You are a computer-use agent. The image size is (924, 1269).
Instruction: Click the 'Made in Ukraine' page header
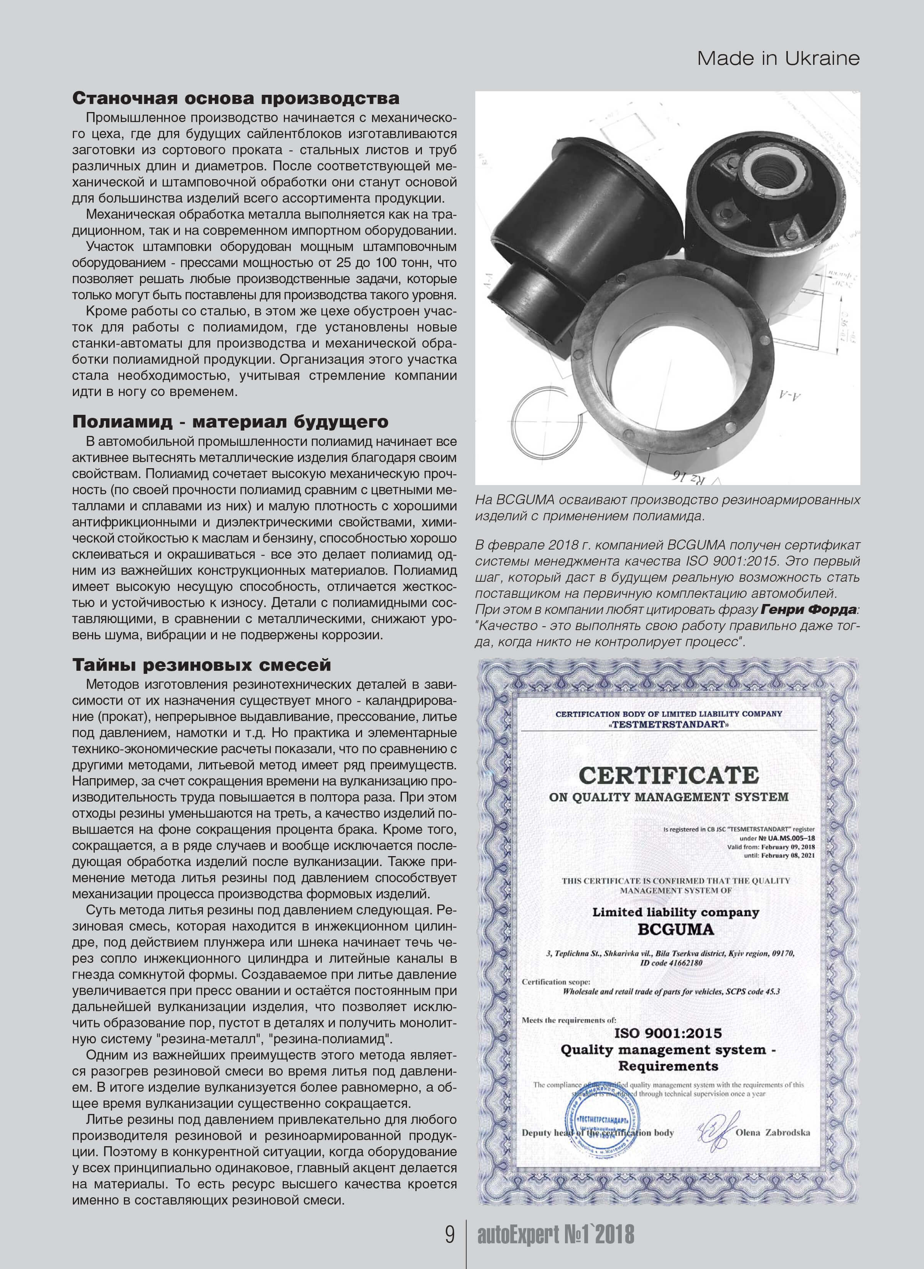coord(778,59)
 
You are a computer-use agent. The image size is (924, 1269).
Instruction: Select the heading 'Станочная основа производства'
coord(236,99)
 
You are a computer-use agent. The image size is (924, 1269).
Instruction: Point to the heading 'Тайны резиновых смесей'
coord(202,665)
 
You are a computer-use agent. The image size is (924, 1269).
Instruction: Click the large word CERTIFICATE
coord(669,776)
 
